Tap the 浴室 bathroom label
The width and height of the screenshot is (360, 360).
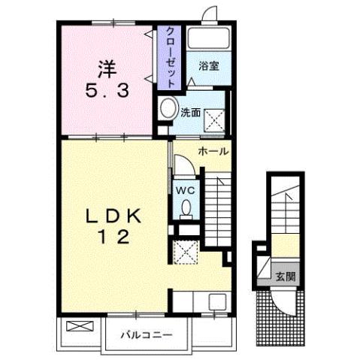tap(208, 66)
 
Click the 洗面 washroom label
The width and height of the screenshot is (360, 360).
tap(190, 113)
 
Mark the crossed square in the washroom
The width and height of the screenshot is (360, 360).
tap(215, 117)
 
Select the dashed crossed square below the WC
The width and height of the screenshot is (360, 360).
tap(184, 252)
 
